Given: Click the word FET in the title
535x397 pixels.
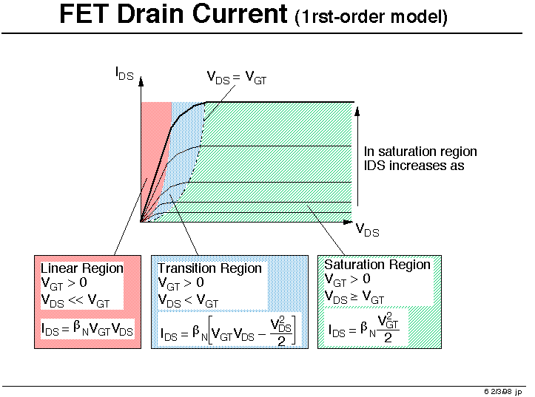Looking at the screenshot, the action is pyautogui.click(x=85, y=14).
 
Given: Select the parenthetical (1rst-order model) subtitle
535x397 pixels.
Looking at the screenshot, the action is pyautogui.click(x=371, y=17).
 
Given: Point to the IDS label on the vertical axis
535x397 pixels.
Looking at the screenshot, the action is pyautogui.click(x=124, y=74).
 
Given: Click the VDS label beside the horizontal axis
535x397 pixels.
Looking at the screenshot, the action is pyautogui.click(x=367, y=230).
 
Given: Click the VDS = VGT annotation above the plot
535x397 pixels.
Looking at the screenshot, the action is pyautogui.click(x=237, y=78).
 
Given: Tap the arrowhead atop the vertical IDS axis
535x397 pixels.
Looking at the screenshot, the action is pyautogui.click(x=141, y=81).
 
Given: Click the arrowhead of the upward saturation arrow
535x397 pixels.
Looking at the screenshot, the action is pyautogui.click(x=357, y=111).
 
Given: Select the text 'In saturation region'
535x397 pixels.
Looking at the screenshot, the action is pyautogui.click(x=420, y=152).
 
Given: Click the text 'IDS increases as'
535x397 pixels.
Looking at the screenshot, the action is pyautogui.click(x=414, y=166).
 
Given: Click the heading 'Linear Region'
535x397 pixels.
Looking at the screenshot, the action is pyautogui.click(x=82, y=268).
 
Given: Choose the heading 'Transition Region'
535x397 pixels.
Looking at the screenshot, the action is pyautogui.click(x=209, y=268).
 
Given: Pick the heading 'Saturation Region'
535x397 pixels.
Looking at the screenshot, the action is pyautogui.click(x=377, y=265).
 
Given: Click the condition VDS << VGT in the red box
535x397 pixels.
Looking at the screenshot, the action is pyautogui.click(x=75, y=301).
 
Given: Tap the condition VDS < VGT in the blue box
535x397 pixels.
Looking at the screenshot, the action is pyautogui.click(x=188, y=301).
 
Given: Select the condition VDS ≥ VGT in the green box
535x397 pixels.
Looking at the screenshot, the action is pyautogui.click(x=354, y=296).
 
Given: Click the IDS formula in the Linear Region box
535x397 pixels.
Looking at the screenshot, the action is pyautogui.click(x=87, y=329).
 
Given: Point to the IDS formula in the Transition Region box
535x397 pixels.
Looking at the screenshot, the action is pyautogui.click(x=228, y=331).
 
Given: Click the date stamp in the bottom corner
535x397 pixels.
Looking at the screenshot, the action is pyautogui.click(x=503, y=392).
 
